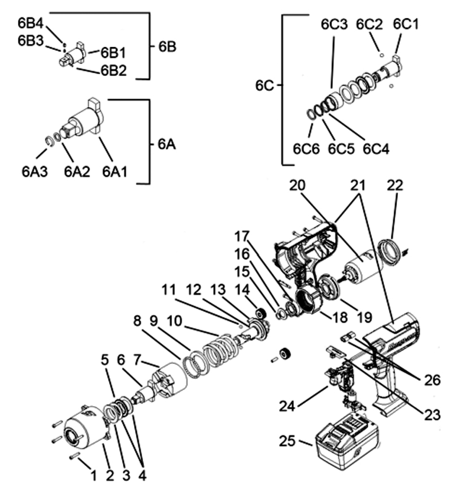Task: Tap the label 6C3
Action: point(334,24)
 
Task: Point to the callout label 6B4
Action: point(31,23)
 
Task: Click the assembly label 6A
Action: point(166,144)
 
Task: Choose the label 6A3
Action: point(35,172)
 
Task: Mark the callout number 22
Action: point(395,185)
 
